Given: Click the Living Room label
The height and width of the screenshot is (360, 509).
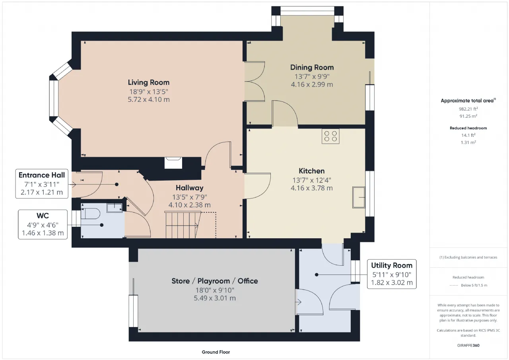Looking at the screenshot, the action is click(x=149, y=82).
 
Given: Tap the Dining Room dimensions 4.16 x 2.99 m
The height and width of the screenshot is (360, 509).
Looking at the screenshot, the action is click(x=312, y=85).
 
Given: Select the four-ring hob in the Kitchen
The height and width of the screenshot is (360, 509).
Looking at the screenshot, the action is click(x=330, y=136).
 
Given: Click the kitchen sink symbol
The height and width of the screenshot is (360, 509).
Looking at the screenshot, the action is click(x=359, y=197).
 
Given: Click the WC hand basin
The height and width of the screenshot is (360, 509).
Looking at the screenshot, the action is click(x=114, y=208).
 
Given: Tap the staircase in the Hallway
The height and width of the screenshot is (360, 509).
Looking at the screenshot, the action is click(x=183, y=225).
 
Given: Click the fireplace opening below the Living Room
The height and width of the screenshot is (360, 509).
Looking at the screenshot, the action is click(x=173, y=163).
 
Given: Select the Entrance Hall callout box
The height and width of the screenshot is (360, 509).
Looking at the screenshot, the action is click(x=42, y=184).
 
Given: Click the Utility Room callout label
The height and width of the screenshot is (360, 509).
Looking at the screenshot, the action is click(x=392, y=265).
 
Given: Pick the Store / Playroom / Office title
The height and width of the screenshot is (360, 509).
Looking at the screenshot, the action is click(x=215, y=281).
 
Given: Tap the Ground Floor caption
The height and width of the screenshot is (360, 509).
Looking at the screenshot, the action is click(x=216, y=352).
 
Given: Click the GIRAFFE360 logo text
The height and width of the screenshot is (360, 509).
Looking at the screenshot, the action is click(x=468, y=345).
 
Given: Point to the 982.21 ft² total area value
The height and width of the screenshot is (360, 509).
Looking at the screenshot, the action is click(x=468, y=109).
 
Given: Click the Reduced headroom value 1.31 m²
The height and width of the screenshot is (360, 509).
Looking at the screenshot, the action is click(x=468, y=142).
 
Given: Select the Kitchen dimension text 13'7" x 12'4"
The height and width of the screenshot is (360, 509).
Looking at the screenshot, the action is click(x=312, y=180).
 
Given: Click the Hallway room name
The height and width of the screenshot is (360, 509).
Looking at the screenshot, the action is click(x=190, y=188).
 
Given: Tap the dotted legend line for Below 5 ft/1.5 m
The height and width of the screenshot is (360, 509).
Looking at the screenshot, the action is click(x=454, y=286).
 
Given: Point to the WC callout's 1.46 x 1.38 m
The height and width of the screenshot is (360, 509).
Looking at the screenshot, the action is click(x=43, y=233).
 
